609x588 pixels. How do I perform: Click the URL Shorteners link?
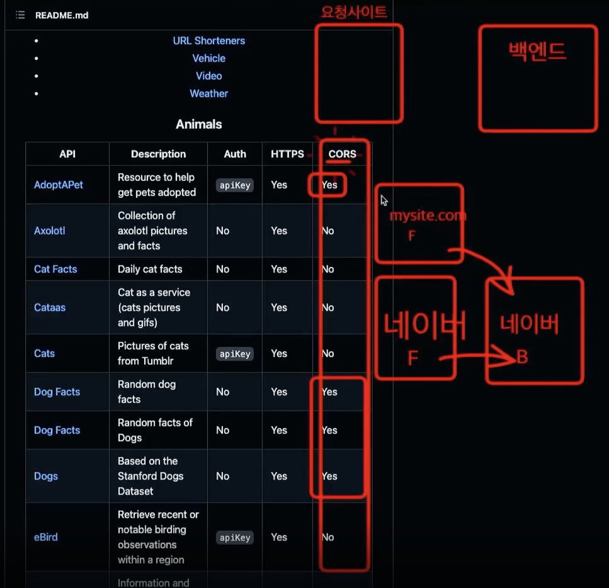click(209, 41)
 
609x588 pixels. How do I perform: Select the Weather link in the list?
click(209, 94)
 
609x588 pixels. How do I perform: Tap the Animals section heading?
click(199, 124)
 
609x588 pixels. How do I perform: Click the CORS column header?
click(342, 154)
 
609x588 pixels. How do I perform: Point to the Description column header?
click(158, 154)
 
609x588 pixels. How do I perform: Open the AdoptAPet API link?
click(58, 185)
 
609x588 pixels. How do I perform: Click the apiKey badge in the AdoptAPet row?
click(235, 185)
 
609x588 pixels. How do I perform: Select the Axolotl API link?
click(49, 231)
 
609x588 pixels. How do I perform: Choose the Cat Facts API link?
click(55, 269)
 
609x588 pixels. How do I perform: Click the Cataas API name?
click(50, 308)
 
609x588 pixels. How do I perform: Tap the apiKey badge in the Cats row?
click(235, 354)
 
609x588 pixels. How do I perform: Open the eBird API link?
click(45, 537)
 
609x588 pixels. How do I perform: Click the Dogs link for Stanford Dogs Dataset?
click(46, 476)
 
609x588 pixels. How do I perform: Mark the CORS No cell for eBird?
click(328, 537)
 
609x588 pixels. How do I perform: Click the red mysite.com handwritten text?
click(427, 216)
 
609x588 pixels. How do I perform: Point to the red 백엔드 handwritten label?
click(537, 52)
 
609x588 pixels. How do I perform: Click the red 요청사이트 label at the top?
click(353, 13)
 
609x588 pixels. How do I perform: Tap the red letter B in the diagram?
click(522, 357)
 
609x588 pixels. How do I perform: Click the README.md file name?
click(62, 15)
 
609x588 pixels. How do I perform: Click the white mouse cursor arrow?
click(384, 201)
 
